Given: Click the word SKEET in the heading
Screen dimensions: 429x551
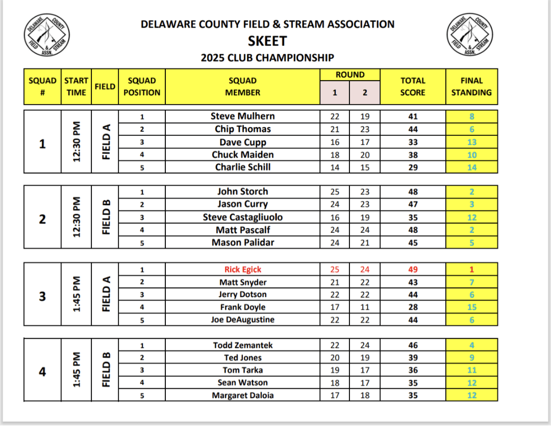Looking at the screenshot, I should (267, 41).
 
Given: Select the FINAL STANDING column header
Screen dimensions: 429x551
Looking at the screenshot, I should (471, 87).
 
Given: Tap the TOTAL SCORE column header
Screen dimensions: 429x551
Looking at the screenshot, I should (413, 87).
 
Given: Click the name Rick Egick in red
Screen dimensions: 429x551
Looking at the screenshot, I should (243, 270).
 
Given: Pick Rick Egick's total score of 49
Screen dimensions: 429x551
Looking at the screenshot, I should (413, 270).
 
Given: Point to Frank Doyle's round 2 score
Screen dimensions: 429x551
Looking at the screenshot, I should (365, 307).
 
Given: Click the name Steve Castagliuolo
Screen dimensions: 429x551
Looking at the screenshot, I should (243, 218).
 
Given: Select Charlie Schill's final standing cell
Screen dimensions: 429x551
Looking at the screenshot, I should (471, 168).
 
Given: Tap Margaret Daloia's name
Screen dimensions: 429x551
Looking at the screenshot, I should (243, 395).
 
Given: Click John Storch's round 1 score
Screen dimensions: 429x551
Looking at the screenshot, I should (335, 192).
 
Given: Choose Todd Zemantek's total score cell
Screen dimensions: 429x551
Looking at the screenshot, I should (413, 345).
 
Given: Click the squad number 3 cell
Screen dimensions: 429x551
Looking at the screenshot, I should (42, 295).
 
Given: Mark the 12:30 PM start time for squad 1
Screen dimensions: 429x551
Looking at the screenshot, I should (77, 142).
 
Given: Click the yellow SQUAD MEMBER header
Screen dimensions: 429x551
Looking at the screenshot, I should (243, 87).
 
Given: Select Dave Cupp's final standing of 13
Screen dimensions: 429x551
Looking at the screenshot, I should (471, 142).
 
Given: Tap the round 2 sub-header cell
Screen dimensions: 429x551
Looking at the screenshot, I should (365, 93).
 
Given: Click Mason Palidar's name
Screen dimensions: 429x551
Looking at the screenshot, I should (243, 243).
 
